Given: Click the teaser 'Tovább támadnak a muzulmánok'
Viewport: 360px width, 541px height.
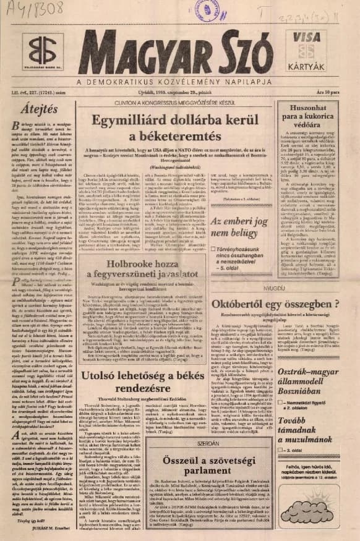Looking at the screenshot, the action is [x=312, y=442].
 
